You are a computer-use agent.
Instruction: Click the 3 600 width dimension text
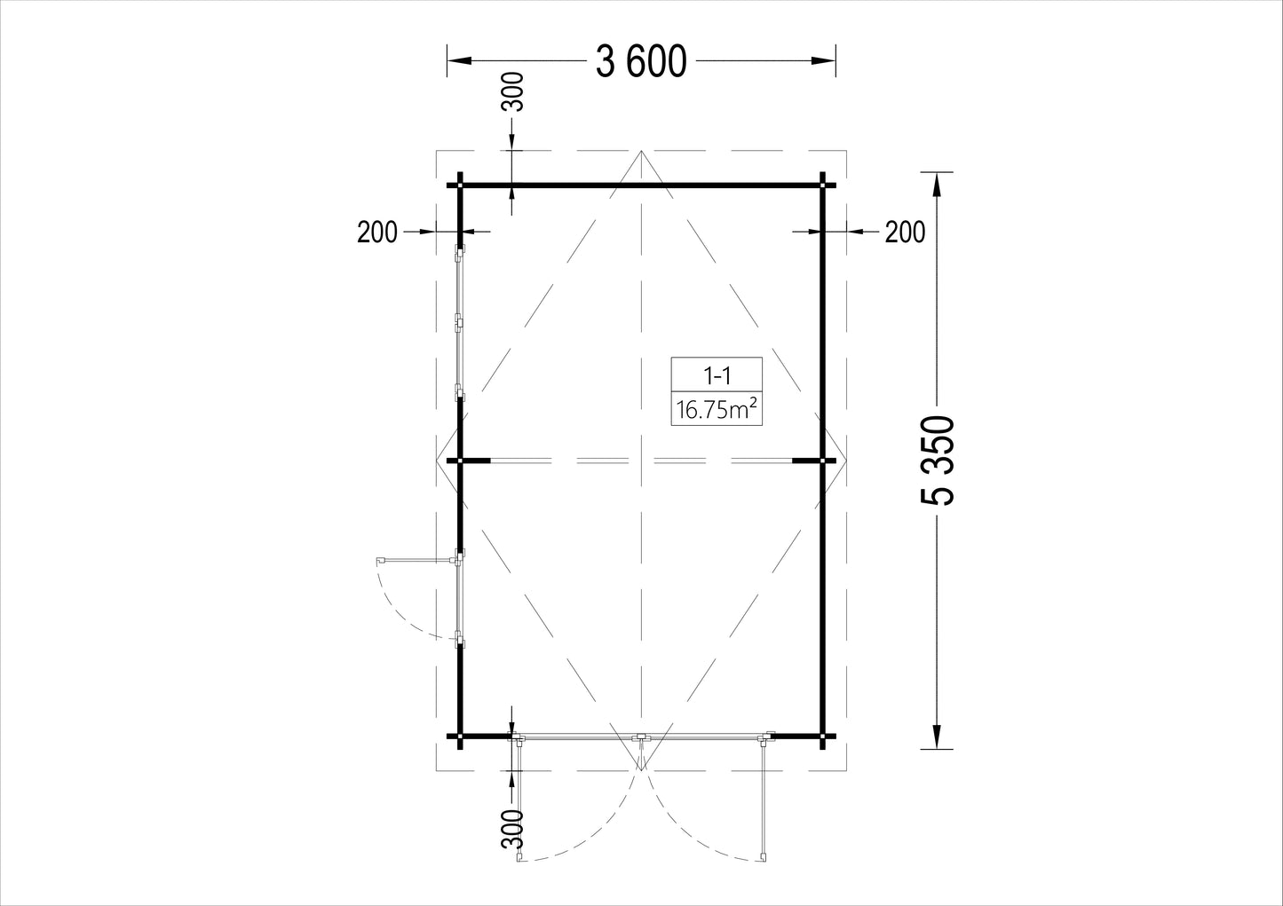tap(641, 62)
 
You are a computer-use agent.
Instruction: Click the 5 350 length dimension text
tap(938, 461)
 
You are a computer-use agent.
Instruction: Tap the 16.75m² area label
tap(717, 409)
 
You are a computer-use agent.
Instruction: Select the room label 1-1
tap(717, 376)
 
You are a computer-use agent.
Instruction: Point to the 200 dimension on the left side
tap(376, 232)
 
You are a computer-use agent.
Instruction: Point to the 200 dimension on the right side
tap(905, 232)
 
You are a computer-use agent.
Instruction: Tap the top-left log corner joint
tap(460, 185)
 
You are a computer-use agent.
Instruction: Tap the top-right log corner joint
tap(822, 185)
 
